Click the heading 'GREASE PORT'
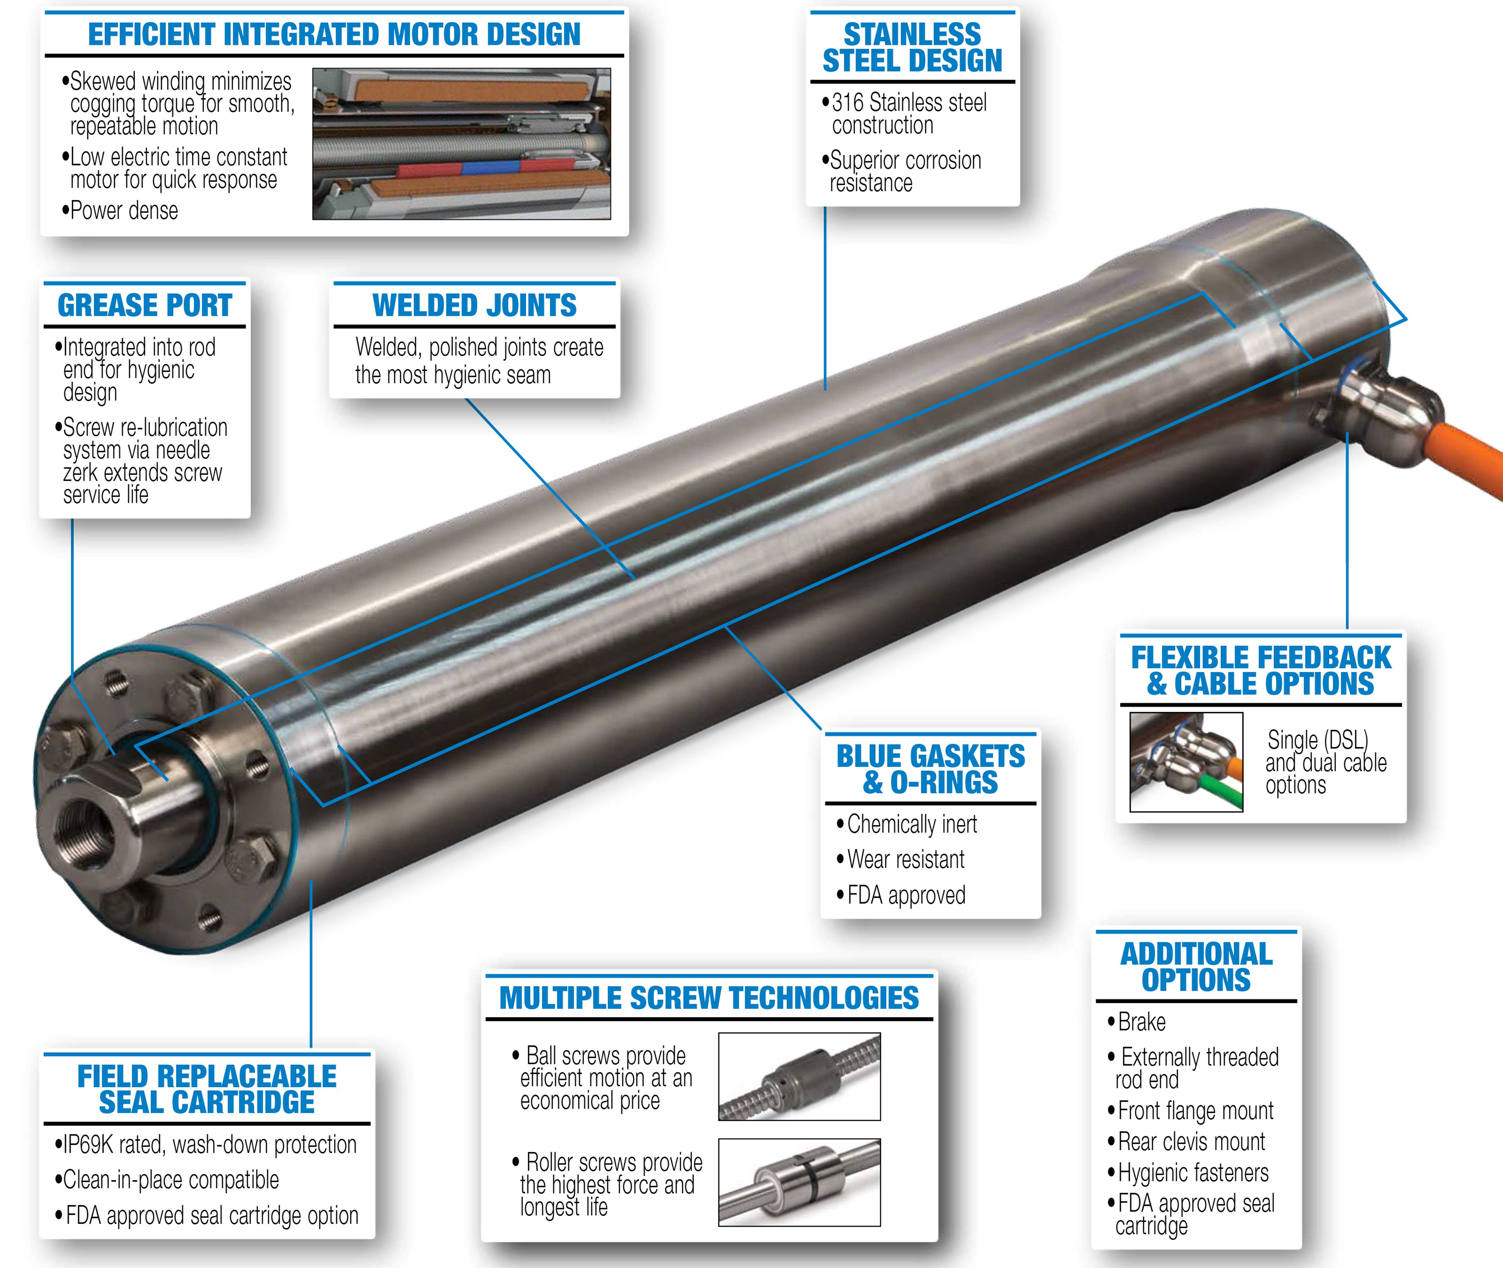(x=145, y=306)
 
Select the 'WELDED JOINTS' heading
(x=474, y=306)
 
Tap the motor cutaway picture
(x=461, y=144)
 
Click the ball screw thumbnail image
(x=799, y=1076)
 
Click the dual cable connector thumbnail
(x=1186, y=762)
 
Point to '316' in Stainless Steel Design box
(x=848, y=103)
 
